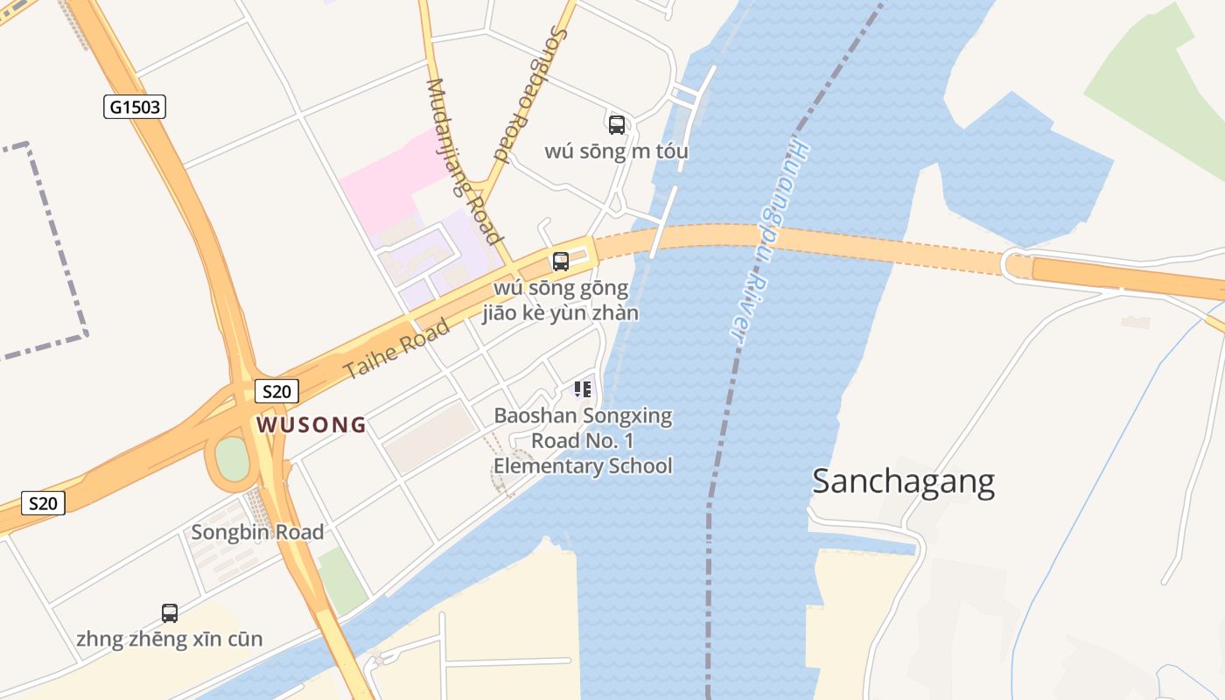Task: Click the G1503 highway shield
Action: [x=134, y=107]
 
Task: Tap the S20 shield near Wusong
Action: [x=276, y=390]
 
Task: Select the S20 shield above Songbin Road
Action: [x=43, y=503]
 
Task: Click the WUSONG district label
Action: [x=311, y=425]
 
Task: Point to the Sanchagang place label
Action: [x=903, y=482]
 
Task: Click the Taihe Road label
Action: [x=397, y=348]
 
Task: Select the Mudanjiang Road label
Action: [x=464, y=162]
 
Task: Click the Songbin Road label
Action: [x=257, y=532]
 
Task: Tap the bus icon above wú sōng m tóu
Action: [x=617, y=124]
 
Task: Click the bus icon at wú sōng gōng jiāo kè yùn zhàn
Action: [x=561, y=261]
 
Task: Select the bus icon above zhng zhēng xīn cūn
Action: [x=170, y=612]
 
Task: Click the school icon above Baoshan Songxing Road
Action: [x=583, y=388]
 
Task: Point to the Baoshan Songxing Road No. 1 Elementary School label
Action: [x=583, y=440]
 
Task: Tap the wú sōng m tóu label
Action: [x=616, y=151]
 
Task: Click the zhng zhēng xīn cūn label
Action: [x=169, y=640]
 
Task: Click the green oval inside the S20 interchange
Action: [x=233, y=459]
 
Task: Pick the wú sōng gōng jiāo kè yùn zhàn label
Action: [x=560, y=300]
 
